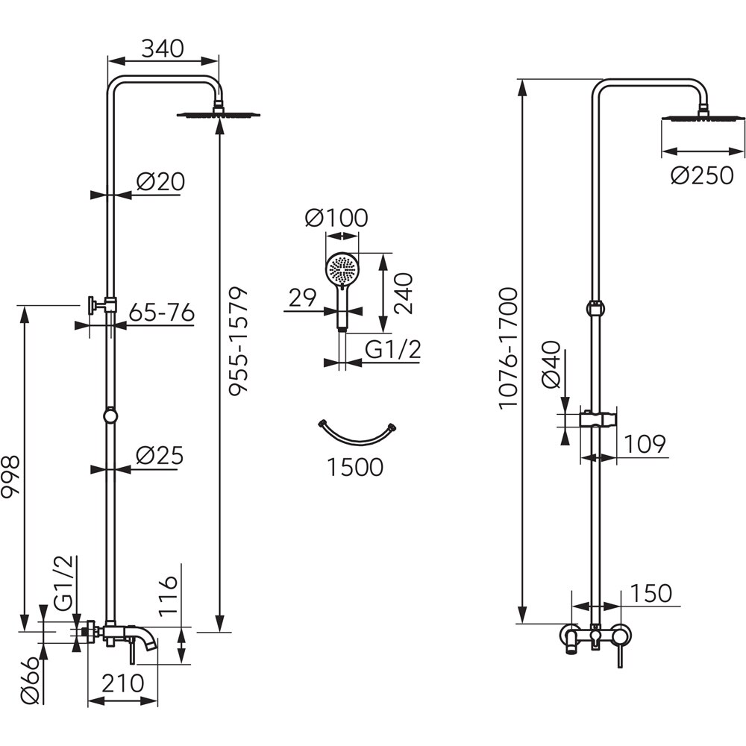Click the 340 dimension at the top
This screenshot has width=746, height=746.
pos(163,49)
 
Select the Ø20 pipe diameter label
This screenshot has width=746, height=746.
pos(160,181)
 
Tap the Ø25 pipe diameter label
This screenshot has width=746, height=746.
pos(160,456)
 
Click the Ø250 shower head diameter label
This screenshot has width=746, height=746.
pos(702,177)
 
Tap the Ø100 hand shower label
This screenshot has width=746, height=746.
pos(336,219)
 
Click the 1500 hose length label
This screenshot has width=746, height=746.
pos(354,468)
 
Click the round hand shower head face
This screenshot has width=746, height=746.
pos(342,269)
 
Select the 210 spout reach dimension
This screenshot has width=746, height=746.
pos(122,683)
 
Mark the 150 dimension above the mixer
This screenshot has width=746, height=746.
pos(651,594)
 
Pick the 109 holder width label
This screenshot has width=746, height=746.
pos(643,444)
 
